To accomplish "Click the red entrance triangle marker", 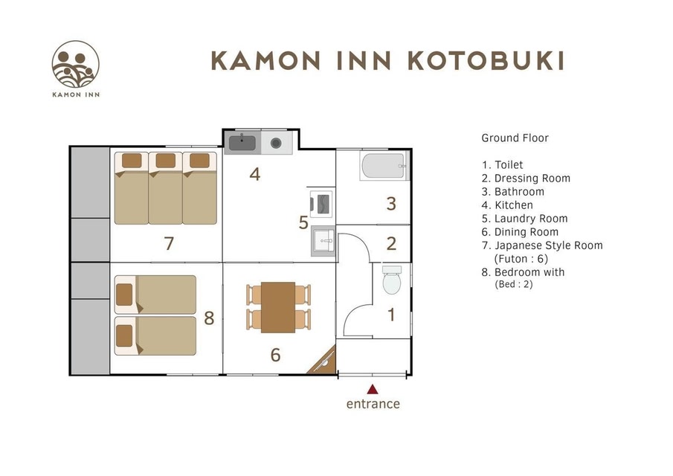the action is [x=373, y=389].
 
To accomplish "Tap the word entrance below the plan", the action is [x=373, y=404].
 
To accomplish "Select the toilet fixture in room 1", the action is [x=391, y=280].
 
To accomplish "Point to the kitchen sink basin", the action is [x=242, y=143].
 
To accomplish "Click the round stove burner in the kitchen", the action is [x=276, y=143].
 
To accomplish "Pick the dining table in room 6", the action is [x=278, y=307].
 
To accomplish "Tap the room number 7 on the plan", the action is [x=169, y=243].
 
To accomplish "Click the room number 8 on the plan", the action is [x=209, y=318].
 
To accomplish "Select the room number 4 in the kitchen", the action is [x=255, y=174].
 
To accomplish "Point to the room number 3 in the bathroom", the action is [x=391, y=204].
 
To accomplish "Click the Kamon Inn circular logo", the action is [x=76, y=64].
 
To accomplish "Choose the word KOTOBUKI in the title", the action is [x=486, y=61].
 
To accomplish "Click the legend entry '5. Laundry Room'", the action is [x=524, y=219].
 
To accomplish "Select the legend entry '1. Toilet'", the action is [x=502, y=165].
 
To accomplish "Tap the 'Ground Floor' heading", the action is [x=515, y=138].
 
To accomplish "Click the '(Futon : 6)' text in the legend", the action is [x=521, y=259].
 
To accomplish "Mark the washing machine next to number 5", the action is [x=321, y=204].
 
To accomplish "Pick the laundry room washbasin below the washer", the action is [x=323, y=241].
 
